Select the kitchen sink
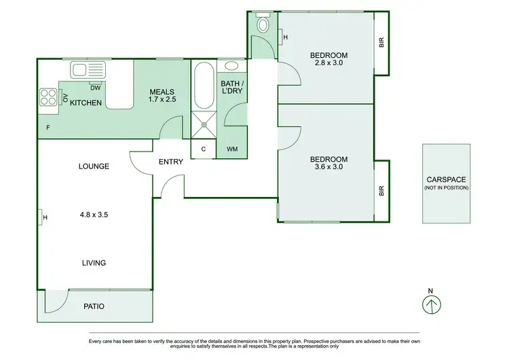tap(81, 69)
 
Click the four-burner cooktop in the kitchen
tap(48, 97)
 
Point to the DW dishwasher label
tap(96, 87)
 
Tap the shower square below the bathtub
tap(203, 121)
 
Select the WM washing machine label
tap(231, 149)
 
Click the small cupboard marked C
tap(203, 149)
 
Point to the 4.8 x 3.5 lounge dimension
tap(94, 215)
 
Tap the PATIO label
tap(94, 306)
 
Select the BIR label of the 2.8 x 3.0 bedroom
tap(381, 42)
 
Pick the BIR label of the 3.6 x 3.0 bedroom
tap(381, 192)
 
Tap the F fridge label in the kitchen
tap(48, 127)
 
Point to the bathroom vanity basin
tap(231, 67)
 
